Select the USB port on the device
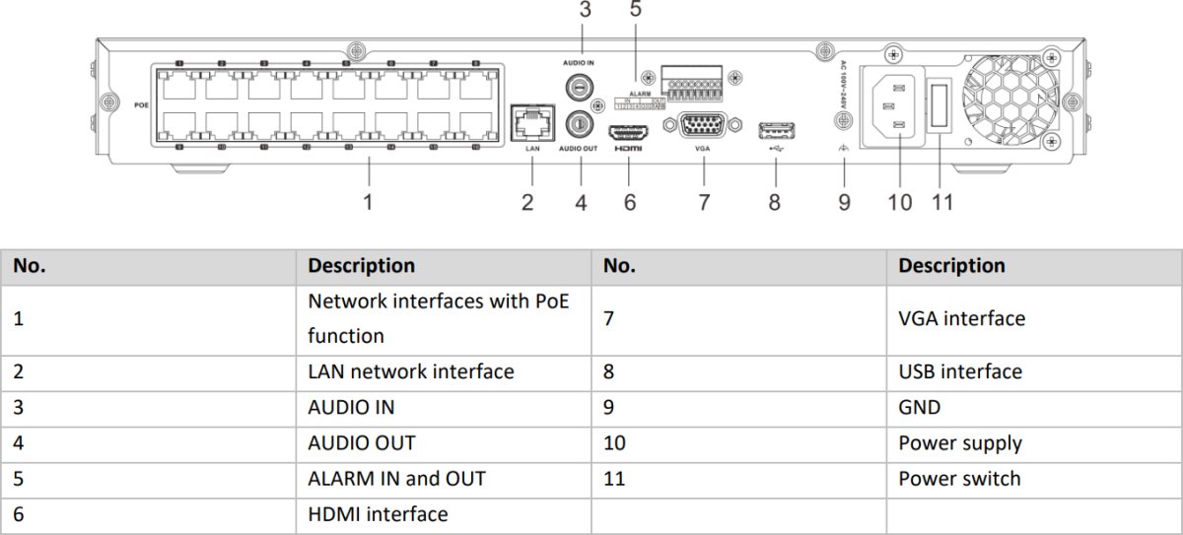[776, 130]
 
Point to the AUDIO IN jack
[583, 88]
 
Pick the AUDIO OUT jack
[582, 123]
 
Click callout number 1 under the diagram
[368, 202]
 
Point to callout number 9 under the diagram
[844, 202]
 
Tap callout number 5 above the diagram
[636, 11]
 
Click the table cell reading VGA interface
[961, 318]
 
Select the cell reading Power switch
[959, 479]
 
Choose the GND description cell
[919, 407]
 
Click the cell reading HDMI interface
[378, 514]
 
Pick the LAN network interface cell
[410, 371]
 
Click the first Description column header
[361, 266]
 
